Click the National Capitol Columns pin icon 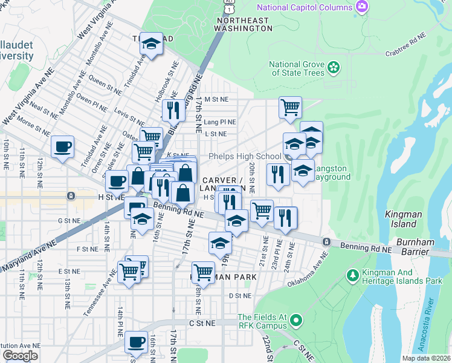click(362, 7)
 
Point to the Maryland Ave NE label click(27, 255)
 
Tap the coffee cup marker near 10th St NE click(62, 146)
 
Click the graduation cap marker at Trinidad click(152, 43)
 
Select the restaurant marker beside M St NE click(173, 110)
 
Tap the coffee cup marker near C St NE click(136, 342)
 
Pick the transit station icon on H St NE click(71, 196)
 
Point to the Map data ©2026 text click(426, 359)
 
